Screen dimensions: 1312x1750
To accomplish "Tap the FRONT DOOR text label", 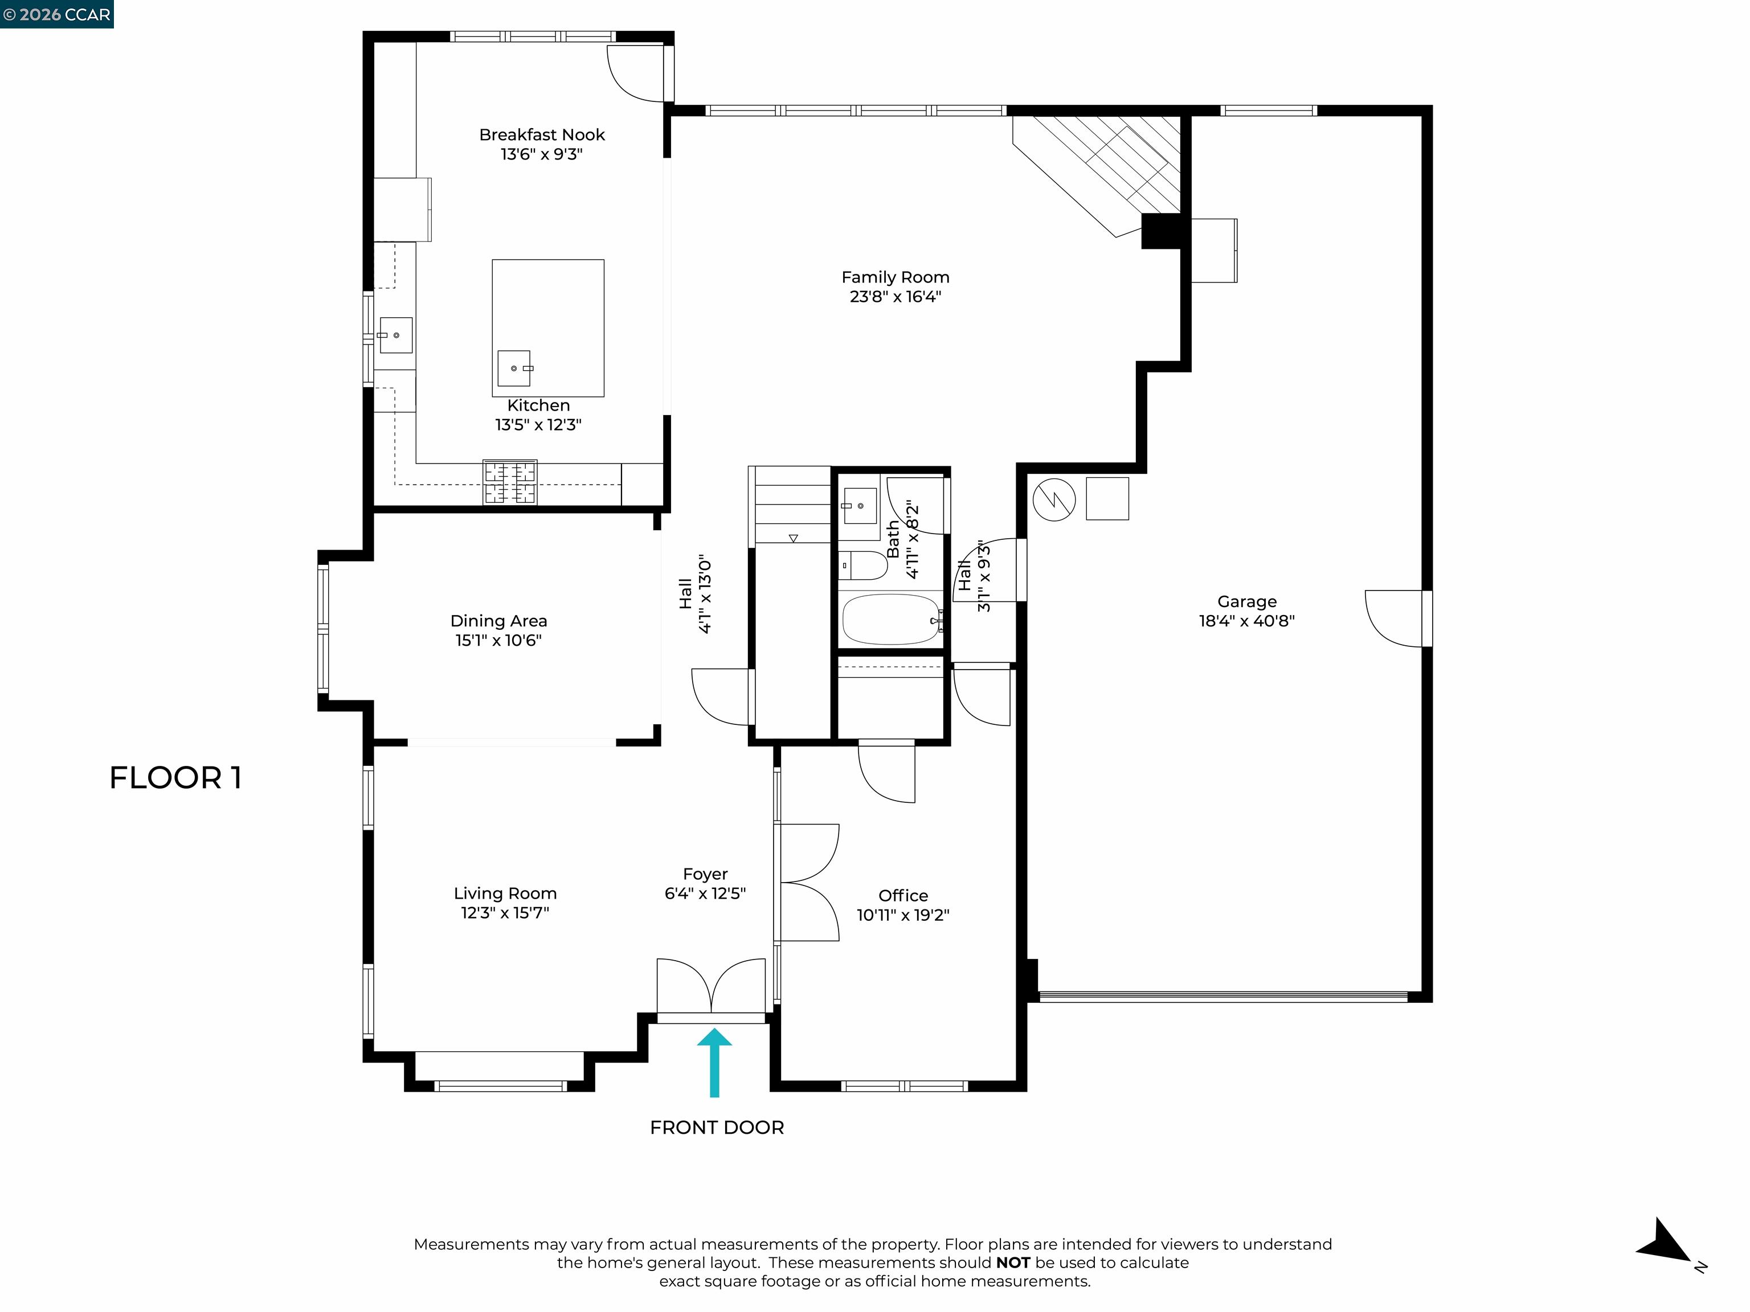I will coord(717,1127).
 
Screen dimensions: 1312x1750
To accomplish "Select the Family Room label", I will coord(895,277).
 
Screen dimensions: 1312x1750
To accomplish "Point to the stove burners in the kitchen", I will coord(510,482).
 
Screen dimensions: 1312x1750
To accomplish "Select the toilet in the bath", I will coord(863,565).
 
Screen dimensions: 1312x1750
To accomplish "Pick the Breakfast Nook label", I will coord(541,135).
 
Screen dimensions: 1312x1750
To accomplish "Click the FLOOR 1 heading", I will coord(175,778).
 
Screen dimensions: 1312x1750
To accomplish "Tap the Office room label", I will coord(903,895).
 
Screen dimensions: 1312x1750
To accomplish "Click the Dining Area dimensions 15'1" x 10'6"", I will coord(498,641).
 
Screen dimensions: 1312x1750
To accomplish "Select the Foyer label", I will coord(705,874).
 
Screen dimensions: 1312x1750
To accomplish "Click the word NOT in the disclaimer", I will coord(1013,1263).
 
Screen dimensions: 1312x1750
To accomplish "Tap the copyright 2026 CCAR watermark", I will coord(56,14).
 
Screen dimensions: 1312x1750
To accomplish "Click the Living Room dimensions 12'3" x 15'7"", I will coord(505,913).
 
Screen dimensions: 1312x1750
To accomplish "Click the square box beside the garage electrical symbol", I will coord(1107,498).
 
